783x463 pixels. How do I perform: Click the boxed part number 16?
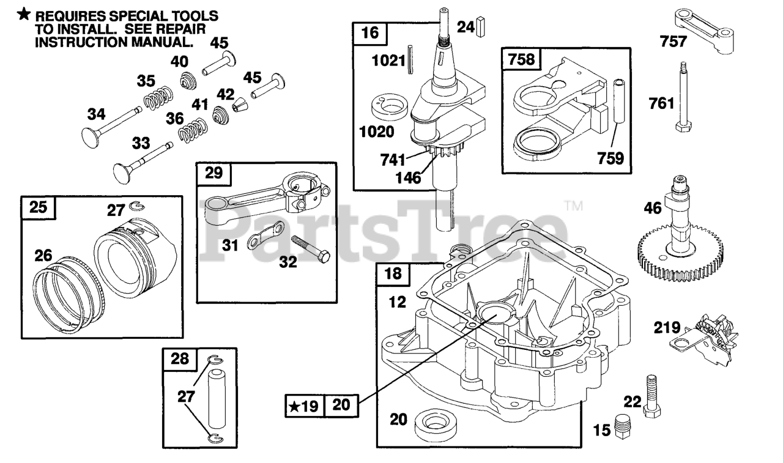click(x=370, y=33)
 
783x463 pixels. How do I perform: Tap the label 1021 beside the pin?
click(x=388, y=61)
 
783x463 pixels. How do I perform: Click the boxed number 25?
click(x=37, y=208)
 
